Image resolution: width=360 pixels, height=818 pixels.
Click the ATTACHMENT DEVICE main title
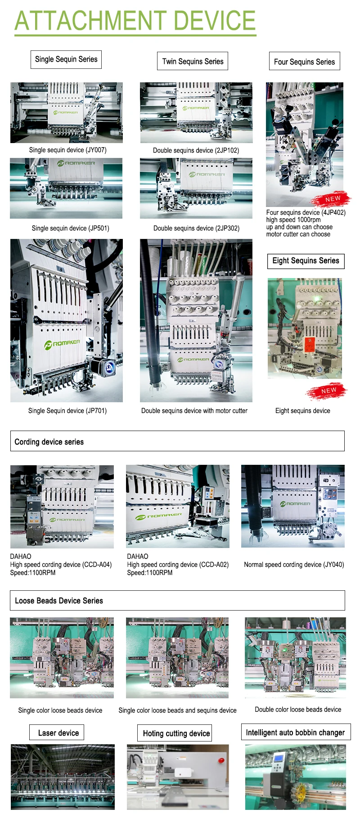tap(135, 21)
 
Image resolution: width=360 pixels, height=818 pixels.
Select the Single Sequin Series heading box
tap(66, 59)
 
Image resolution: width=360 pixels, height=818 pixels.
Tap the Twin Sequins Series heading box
tap(193, 61)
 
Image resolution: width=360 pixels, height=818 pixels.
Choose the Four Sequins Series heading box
tap(304, 62)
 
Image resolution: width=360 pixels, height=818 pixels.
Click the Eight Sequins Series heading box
tap(306, 261)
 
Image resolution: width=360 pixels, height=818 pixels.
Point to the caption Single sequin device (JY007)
tap(67, 150)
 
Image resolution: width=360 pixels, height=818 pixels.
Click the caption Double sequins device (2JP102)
tap(196, 150)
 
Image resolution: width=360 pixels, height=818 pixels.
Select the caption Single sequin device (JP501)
tap(70, 228)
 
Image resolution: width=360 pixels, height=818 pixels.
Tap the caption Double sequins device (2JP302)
tap(196, 228)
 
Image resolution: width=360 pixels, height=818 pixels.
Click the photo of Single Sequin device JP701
tap(67, 320)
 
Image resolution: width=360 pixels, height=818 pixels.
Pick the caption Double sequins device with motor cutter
tap(194, 410)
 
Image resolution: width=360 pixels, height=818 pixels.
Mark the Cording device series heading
tap(49, 442)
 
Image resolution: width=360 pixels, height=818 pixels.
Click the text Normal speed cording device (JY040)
tap(294, 564)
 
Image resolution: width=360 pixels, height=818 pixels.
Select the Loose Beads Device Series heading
tap(59, 601)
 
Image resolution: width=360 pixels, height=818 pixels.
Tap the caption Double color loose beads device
tap(298, 710)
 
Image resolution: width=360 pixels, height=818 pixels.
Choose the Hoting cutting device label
tap(176, 733)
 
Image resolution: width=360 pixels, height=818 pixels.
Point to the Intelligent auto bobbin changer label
tap(295, 733)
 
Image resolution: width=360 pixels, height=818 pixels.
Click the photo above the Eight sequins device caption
tap(305, 328)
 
